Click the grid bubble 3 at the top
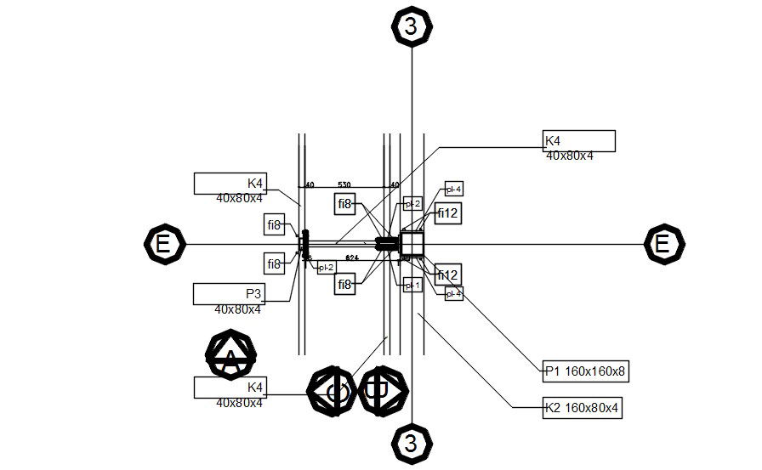(x=412, y=26)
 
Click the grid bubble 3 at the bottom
(x=412, y=444)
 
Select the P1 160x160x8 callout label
(x=587, y=370)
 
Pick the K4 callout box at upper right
(x=579, y=141)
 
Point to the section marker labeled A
(x=230, y=354)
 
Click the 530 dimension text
(x=344, y=184)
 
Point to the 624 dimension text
(x=351, y=257)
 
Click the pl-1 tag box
(x=412, y=286)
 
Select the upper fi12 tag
(x=448, y=214)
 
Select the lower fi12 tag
(x=448, y=275)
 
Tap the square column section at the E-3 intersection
(x=412, y=244)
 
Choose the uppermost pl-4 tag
(x=454, y=189)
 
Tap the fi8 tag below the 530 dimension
(x=344, y=204)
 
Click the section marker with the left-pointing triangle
(x=333, y=392)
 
